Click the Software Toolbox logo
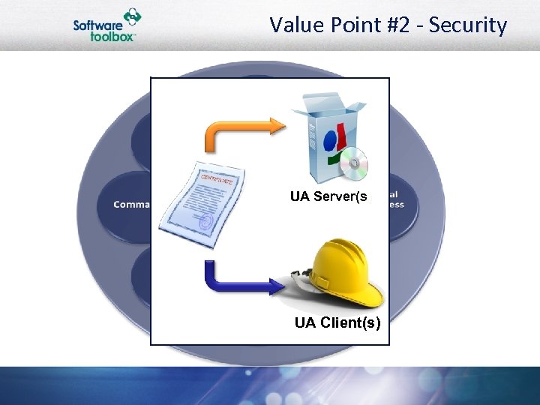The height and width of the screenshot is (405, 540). (x=107, y=26)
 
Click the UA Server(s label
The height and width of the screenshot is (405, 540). (x=328, y=197)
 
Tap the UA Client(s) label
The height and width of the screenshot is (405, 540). (x=337, y=323)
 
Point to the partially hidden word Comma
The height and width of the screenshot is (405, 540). (x=131, y=204)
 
